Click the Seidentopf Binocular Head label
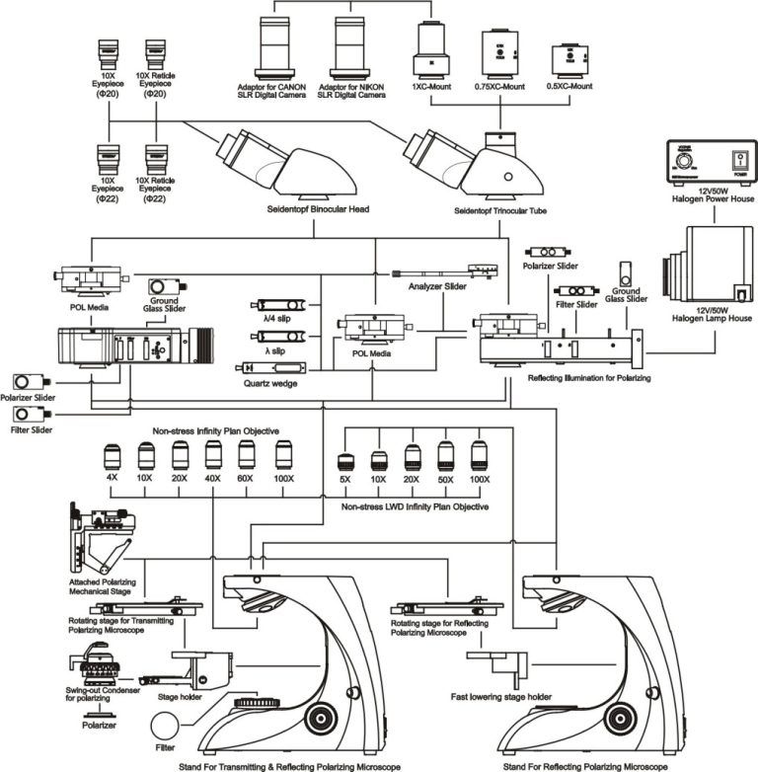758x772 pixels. click(312, 210)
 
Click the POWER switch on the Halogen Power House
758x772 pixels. click(736, 162)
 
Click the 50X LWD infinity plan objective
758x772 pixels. click(445, 458)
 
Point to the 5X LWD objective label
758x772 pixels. click(346, 480)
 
